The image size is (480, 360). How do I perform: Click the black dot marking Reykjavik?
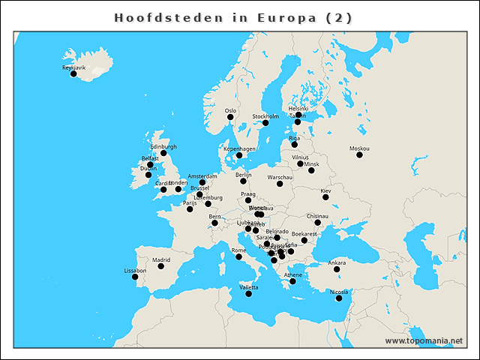tap(73, 73)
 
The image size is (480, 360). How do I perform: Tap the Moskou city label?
tap(359, 148)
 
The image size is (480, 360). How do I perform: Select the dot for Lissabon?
tap(135, 277)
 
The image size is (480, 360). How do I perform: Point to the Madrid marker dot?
tap(160, 266)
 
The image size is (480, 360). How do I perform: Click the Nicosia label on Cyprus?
tap(339, 292)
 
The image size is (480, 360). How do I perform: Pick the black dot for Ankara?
tap(337, 269)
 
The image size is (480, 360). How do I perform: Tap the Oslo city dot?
tap(230, 117)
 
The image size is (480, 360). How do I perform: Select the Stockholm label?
tap(265, 116)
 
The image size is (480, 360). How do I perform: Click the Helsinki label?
tap(298, 109)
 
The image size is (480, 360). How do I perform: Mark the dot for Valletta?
tap(249, 294)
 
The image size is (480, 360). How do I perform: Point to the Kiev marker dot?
tap(325, 197)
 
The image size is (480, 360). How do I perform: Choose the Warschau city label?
tap(280, 177)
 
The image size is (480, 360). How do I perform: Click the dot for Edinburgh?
tap(163, 153)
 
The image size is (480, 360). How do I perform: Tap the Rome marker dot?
tap(238, 257)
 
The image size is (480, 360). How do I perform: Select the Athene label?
tap(292, 275)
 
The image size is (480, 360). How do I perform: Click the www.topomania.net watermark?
tap(424, 340)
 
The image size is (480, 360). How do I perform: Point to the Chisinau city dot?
tap(318, 223)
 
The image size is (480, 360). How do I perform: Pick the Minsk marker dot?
tap(311, 170)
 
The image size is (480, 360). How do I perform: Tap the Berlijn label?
tap(243, 175)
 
